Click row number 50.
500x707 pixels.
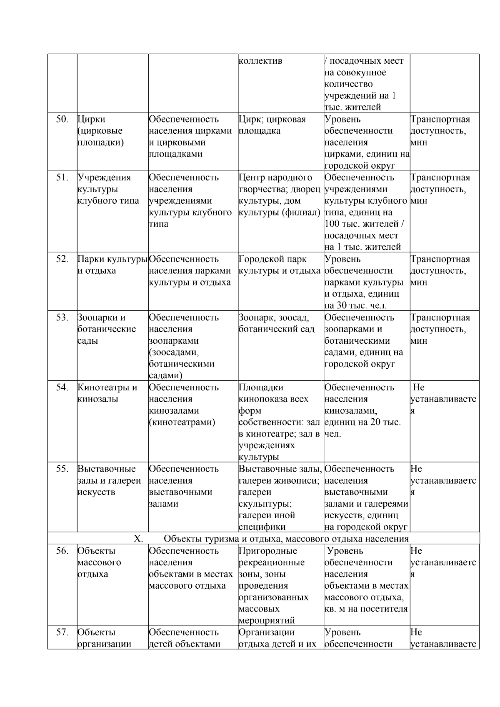[x=62, y=119]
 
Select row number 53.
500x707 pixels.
[x=62, y=317]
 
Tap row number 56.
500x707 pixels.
[x=62, y=551]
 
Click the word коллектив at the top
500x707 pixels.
[x=260, y=61]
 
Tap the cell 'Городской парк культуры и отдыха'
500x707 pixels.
[x=279, y=265]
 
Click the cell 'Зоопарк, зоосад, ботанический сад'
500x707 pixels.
[x=276, y=323]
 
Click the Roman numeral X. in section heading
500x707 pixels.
[x=138, y=539]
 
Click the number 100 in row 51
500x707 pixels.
[x=332, y=224]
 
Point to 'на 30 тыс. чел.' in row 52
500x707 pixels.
[x=355, y=305]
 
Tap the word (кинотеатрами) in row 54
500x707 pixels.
[x=182, y=422]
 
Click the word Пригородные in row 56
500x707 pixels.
[x=268, y=551]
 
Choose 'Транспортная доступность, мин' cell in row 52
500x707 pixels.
[x=440, y=271]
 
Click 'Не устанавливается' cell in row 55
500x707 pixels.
[x=443, y=481]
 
